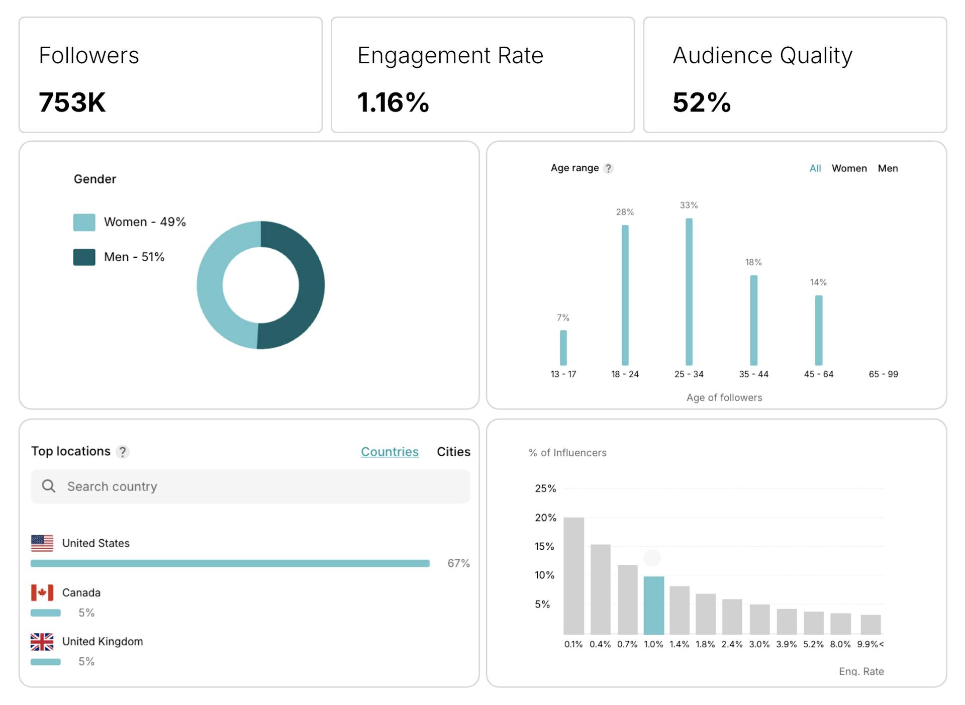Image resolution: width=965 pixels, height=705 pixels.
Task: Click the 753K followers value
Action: point(72,102)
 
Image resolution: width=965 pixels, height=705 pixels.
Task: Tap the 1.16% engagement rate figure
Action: point(393,102)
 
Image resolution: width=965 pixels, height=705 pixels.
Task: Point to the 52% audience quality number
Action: point(702,102)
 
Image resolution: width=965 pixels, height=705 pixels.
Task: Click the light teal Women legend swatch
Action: point(84,222)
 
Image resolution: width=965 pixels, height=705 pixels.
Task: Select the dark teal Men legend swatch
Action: point(84,257)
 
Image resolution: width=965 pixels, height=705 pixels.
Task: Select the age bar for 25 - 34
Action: point(689,291)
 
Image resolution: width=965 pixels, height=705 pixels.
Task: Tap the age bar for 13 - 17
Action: point(563,348)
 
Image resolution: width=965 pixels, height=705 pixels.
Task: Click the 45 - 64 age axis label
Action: point(818,374)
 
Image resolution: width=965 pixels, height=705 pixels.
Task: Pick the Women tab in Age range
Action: point(849,168)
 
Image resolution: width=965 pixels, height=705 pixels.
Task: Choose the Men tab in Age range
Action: point(888,168)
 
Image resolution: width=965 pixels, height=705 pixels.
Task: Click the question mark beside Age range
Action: point(608,168)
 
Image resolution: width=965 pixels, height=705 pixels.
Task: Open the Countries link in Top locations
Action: point(390,452)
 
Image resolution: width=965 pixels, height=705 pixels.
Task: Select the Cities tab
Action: point(453,452)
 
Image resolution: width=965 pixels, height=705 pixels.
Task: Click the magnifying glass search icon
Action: point(49,486)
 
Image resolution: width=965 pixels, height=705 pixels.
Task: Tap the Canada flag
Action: point(42,592)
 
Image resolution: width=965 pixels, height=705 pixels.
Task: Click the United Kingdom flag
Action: point(42,642)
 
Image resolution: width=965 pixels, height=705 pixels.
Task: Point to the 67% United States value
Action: point(458,563)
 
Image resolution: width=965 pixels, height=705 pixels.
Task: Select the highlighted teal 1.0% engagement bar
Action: point(653,606)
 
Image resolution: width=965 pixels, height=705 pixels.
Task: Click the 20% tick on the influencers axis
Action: point(545,518)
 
